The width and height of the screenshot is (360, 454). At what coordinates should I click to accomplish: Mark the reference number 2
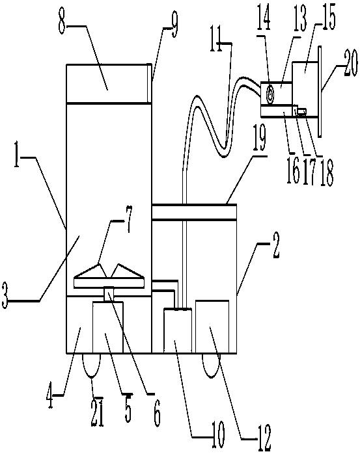pyautogui.click(x=275, y=245)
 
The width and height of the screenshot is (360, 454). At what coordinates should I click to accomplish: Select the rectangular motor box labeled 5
pyautogui.click(x=108, y=327)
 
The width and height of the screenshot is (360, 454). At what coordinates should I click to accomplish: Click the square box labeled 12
pyautogui.click(x=212, y=327)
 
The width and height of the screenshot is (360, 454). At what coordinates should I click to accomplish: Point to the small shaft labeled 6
pyautogui.click(x=109, y=293)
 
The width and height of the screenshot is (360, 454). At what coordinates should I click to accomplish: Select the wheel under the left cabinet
pyautogui.click(x=92, y=366)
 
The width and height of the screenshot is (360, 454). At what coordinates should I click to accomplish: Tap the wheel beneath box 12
pyautogui.click(x=211, y=366)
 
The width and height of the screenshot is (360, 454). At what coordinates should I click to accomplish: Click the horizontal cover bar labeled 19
pyautogui.click(x=194, y=212)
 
